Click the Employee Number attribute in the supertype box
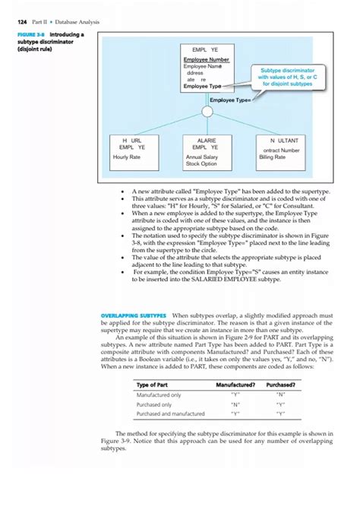coord(206,59)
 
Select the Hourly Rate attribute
coord(126,157)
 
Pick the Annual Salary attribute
coord(201,157)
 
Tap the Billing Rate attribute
coord(272,157)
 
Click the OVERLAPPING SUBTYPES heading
coord(133,315)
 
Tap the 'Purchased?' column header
coord(281,385)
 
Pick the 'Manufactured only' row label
coord(158,395)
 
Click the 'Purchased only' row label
coord(153,404)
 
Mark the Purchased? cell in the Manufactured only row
coord(281,395)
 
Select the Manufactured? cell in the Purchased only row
coord(235,404)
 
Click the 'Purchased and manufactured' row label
coord(170,413)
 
